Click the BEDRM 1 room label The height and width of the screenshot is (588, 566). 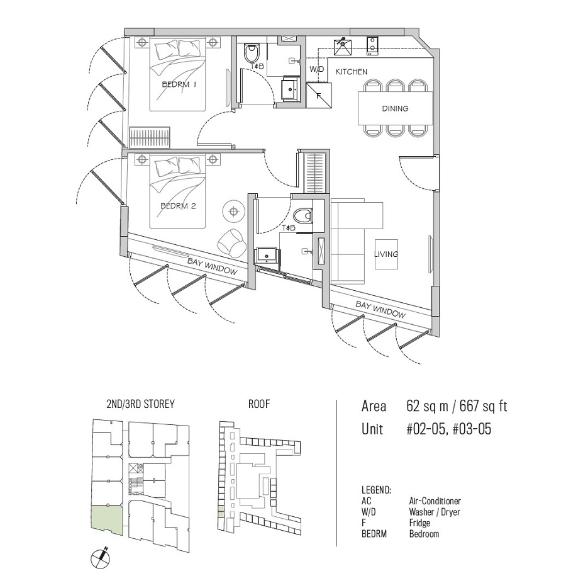[179, 84]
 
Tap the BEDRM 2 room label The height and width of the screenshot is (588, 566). [178, 206]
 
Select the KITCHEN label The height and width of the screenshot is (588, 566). [352, 72]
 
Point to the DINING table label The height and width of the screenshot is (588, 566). [395, 108]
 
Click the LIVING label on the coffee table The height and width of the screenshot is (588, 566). [386, 254]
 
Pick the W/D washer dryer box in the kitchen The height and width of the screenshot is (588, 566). [316, 70]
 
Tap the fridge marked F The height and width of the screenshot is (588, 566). [319, 95]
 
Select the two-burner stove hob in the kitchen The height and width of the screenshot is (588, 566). [372, 46]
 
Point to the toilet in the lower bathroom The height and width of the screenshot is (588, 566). [302, 216]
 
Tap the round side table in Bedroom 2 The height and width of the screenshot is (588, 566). [234, 212]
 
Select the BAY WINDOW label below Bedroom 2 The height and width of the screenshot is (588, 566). [213, 266]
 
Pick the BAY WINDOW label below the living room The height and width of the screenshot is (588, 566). [380, 310]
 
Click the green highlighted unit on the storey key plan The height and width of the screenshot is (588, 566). [107, 519]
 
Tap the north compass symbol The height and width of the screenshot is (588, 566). [101, 559]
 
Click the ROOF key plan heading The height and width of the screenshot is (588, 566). [259, 404]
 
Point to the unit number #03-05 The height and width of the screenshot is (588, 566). [472, 429]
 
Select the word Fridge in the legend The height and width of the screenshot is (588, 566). [419, 523]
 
